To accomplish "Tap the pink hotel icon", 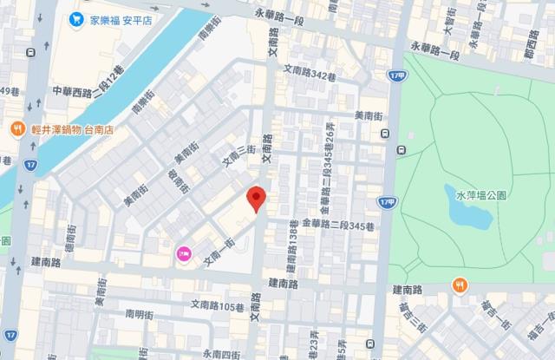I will click(184, 254).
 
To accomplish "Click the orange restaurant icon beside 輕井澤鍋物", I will click(16, 129).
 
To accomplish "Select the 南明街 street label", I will click(139, 314).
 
